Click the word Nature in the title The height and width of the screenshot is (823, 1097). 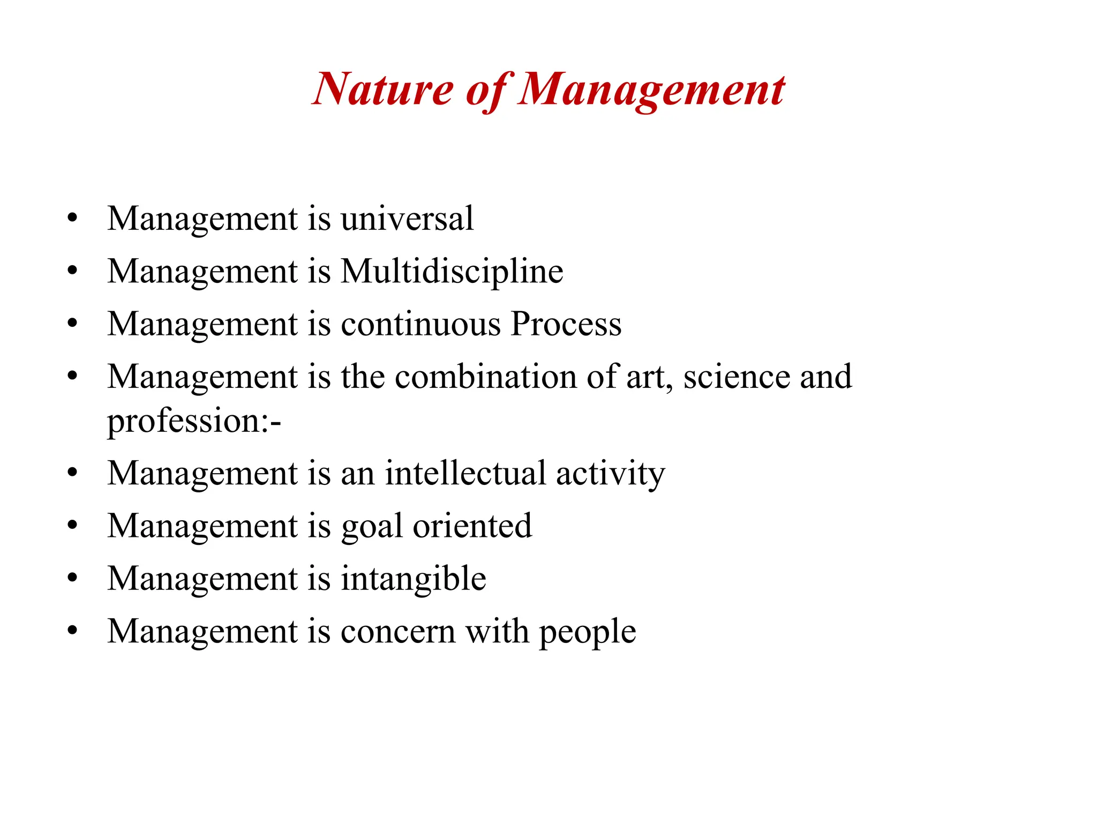point(383,89)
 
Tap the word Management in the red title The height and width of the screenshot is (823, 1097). point(651,89)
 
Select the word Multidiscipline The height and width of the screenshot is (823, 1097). point(452,271)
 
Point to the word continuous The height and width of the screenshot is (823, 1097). point(420,324)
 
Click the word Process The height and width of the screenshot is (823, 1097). point(566,324)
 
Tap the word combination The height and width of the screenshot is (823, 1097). point(486,377)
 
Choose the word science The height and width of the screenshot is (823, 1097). point(737,377)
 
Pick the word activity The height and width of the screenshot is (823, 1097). point(611,474)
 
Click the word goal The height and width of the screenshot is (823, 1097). point(372,527)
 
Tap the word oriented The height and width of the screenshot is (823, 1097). point(472,526)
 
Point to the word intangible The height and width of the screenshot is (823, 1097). point(413,579)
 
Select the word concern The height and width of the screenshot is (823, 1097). point(397,632)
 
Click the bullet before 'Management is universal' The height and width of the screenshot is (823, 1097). point(72,219)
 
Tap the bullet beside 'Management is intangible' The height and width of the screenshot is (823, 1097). point(72,578)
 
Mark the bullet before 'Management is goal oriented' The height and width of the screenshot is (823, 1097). point(72,526)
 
